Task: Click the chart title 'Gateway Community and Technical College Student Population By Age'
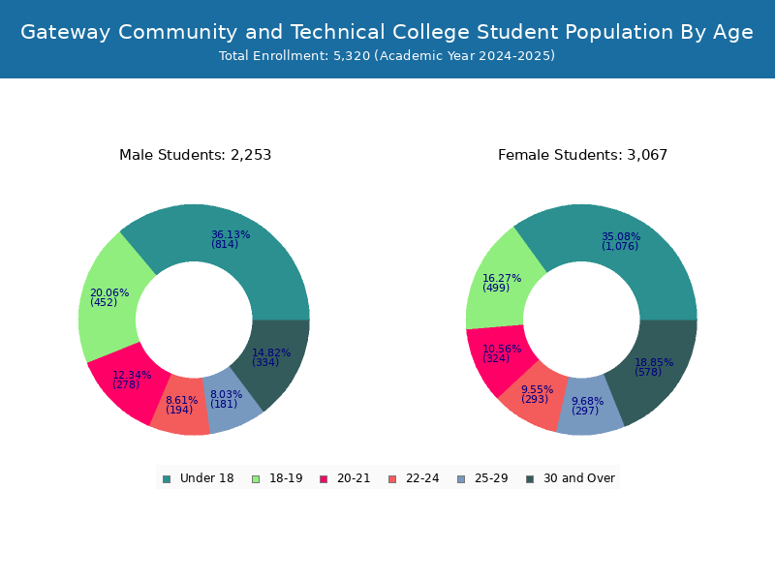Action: point(387,32)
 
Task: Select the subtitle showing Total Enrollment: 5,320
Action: point(387,56)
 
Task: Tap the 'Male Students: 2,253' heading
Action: point(195,155)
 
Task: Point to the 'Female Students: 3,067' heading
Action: point(582,155)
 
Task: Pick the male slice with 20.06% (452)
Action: point(108,297)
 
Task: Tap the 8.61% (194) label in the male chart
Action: point(181,405)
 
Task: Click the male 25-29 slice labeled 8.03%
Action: point(227,399)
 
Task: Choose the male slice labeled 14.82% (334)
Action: point(271,357)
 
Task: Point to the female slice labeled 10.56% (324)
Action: point(502,354)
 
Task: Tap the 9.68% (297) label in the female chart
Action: point(587,407)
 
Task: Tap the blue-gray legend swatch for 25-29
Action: point(460,478)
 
